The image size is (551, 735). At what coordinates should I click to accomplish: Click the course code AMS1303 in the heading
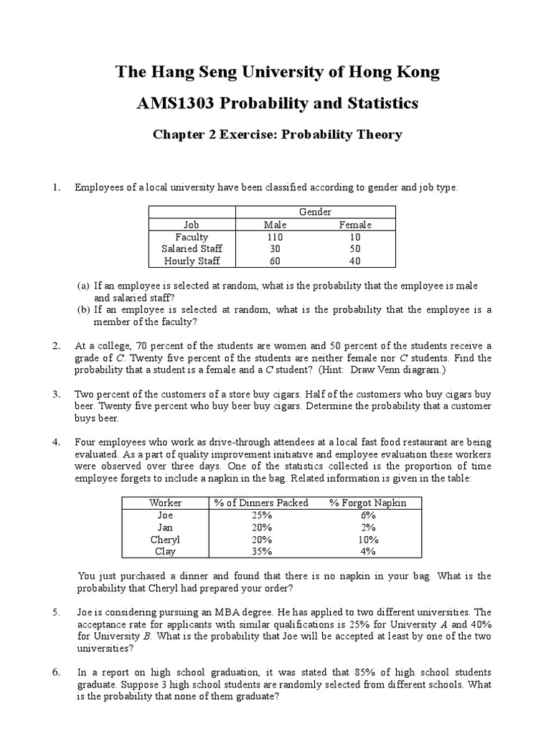tap(174, 103)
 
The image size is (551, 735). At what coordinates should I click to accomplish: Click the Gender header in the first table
tap(315, 212)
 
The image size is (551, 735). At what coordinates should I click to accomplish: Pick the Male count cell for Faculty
tap(274, 237)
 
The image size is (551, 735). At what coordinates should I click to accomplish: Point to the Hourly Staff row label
tap(191, 261)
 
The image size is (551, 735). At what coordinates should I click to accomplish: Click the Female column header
tap(355, 225)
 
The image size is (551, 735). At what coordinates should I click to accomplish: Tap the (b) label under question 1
tap(83, 310)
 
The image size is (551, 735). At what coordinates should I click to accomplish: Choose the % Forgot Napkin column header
tap(367, 502)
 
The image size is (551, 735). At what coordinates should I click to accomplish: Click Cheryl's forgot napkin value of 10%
tap(367, 540)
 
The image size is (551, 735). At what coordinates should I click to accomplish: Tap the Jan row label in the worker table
tap(165, 528)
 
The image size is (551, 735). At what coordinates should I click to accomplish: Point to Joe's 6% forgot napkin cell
tap(367, 515)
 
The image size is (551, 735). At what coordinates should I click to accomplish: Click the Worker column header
tap(165, 502)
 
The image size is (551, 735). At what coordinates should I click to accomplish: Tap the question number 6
tap(56, 672)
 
